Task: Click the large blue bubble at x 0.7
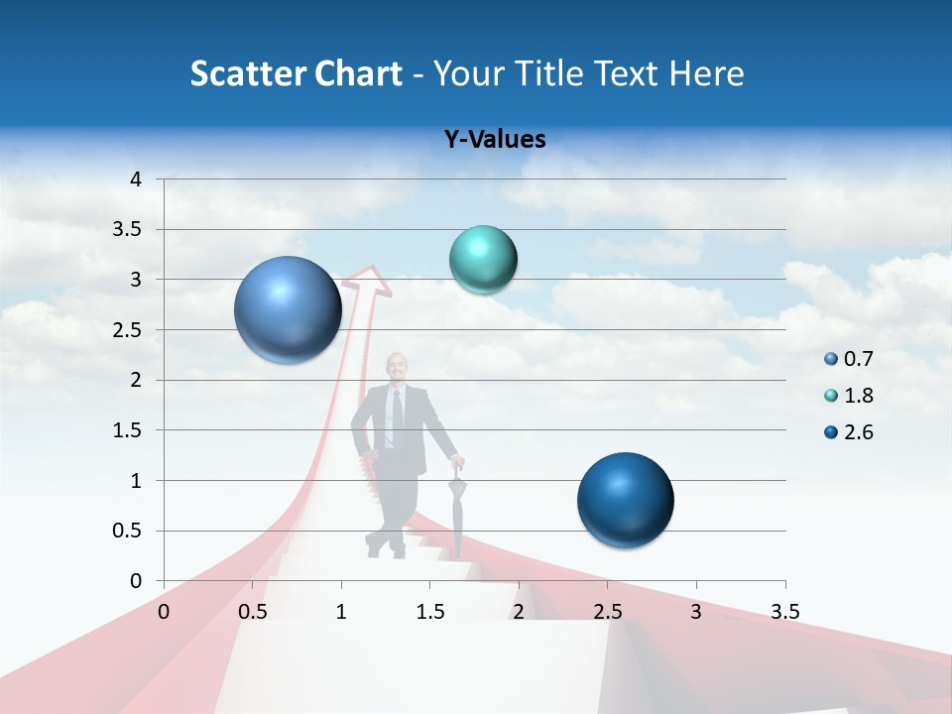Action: (x=288, y=309)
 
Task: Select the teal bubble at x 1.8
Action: (x=483, y=260)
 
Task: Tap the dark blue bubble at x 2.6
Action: (x=625, y=500)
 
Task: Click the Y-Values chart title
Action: (x=495, y=140)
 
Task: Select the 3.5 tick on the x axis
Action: (x=784, y=612)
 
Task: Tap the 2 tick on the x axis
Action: (x=518, y=612)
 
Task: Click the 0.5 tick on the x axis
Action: (x=253, y=612)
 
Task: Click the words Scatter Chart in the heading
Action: (x=296, y=73)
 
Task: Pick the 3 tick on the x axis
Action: (x=695, y=612)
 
